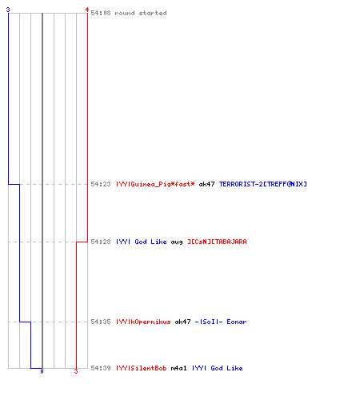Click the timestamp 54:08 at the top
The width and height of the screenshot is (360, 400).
101,13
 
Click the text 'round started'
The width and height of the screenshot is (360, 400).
141,13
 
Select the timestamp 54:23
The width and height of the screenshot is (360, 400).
101,184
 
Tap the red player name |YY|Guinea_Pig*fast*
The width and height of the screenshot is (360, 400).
155,184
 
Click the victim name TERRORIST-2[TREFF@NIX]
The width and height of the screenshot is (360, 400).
263,184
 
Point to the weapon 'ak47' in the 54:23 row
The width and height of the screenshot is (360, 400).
206,184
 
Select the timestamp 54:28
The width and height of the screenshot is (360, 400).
101,242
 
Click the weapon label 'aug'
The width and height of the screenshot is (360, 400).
177,242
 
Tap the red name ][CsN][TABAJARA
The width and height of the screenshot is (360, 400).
217,242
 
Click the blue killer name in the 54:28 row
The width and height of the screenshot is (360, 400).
142,242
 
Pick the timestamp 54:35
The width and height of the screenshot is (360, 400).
101,322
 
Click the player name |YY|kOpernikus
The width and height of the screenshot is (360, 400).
143,322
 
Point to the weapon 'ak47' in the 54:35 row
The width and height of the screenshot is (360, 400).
182,322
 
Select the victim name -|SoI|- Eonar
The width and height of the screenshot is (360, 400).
221,322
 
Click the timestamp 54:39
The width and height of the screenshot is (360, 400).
101,368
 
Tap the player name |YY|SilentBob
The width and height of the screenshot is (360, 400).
142,368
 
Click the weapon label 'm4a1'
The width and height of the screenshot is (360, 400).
178,368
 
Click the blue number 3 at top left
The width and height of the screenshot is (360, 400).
8,10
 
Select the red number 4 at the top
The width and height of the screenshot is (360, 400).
87,10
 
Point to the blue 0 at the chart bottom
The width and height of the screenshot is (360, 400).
42,371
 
